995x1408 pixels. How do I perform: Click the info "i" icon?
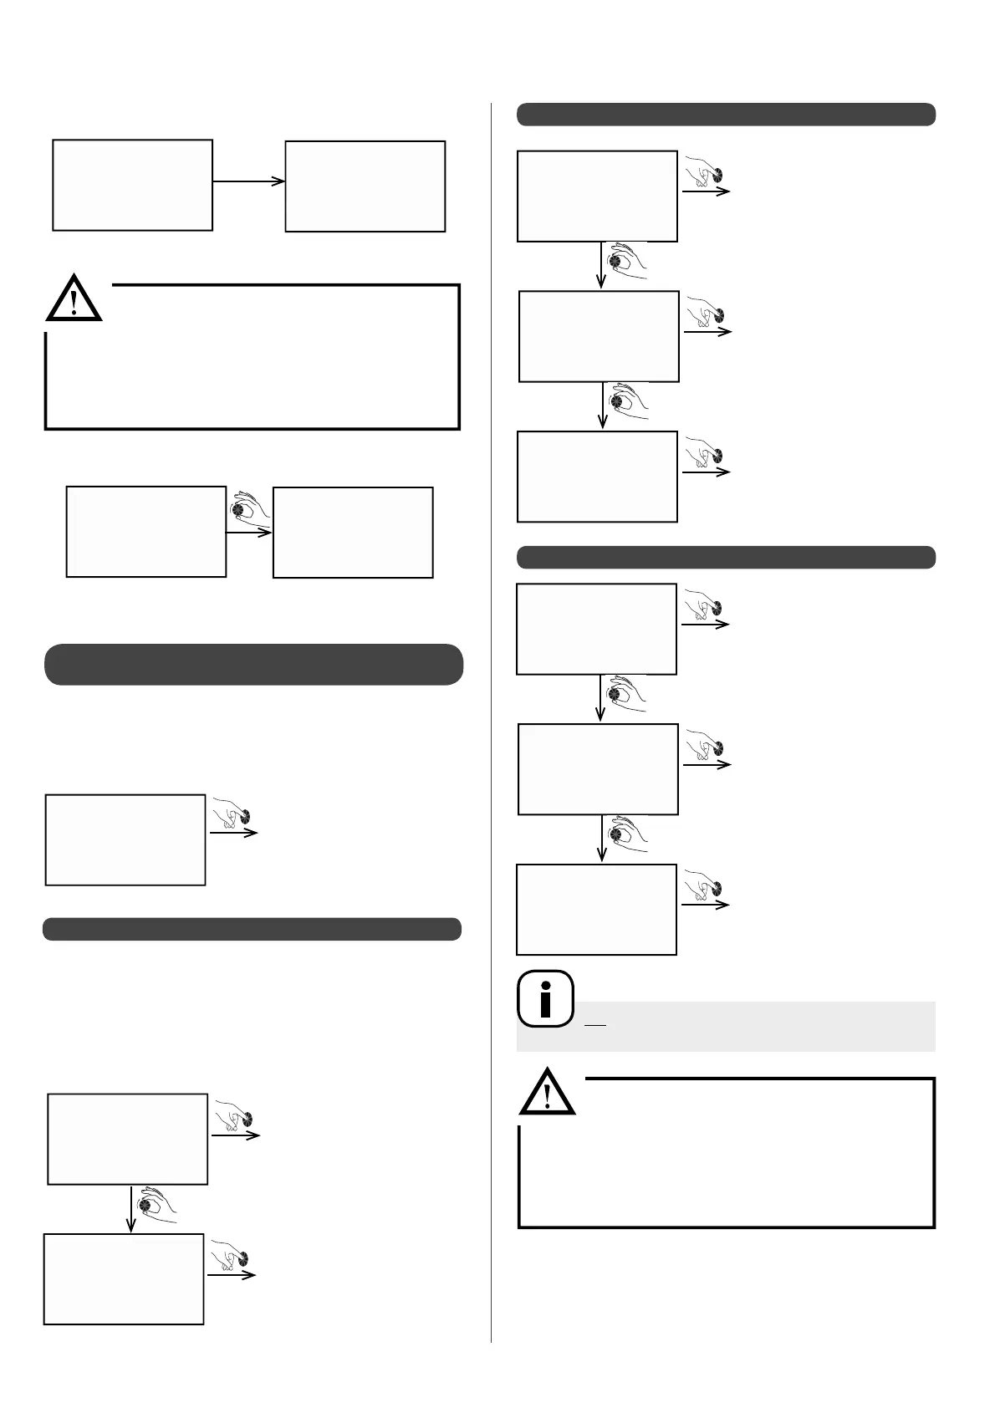coord(546,998)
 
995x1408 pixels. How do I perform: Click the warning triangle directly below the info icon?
coord(547,1094)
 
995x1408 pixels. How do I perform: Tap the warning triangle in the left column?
coord(74,299)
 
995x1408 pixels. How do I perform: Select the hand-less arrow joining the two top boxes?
coord(248,181)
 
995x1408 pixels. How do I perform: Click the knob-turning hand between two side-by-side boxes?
coord(251,509)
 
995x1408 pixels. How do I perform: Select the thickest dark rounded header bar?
coord(253,665)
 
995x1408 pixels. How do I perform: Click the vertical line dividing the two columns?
coord(492,719)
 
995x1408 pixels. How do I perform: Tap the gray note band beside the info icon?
coord(753,1026)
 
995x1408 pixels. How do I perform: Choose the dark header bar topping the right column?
coord(726,115)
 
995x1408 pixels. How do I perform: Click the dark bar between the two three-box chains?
coord(726,557)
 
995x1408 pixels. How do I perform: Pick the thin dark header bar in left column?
coord(252,929)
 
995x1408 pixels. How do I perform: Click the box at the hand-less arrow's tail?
coord(132,185)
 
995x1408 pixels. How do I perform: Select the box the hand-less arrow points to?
coord(365,186)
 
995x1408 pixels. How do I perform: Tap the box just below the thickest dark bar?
coord(125,839)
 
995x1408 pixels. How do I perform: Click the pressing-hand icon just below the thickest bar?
coord(233,812)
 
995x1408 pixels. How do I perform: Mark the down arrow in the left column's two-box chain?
coord(130,1209)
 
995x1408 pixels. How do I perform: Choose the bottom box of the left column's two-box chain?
coord(124,1278)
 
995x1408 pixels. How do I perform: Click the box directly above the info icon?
coord(596,910)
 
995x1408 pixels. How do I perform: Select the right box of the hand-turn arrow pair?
coord(353,533)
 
